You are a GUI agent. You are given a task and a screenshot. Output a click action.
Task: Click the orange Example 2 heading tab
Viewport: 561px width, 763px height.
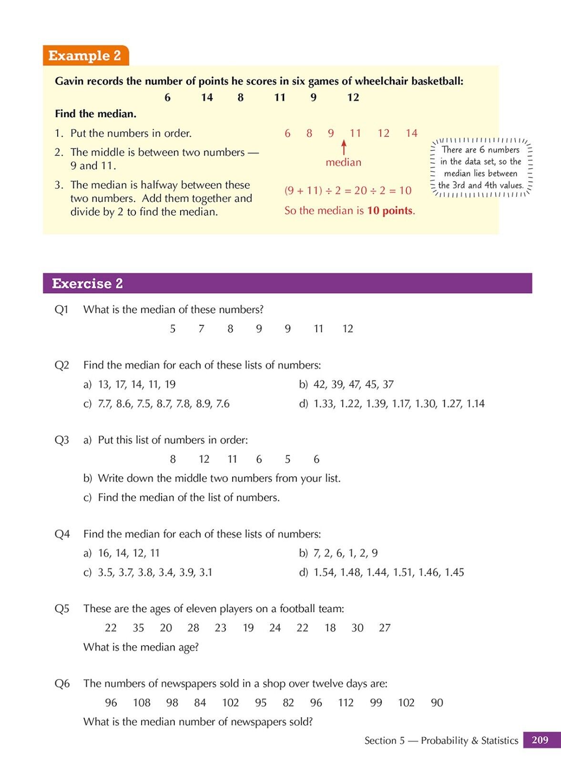pyautogui.click(x=85, y=56)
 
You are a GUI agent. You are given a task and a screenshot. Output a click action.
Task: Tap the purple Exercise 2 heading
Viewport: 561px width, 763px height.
pyautogui.click(x=87, y=283)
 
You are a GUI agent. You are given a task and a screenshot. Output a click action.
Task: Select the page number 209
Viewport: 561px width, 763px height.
pyautogui.click(x=540, y=740)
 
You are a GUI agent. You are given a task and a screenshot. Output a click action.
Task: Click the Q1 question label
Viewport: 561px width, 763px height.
pyautogui.click(x=61, y=309)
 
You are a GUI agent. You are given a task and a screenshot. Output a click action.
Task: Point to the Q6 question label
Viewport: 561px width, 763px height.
pyautogui.click(x=61, y=683)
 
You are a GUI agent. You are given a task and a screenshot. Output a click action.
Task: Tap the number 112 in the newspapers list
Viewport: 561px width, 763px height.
pyautogui.click(x=346, y=702)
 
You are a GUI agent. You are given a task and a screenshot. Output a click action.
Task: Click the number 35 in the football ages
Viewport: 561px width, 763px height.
pyautogui.click(x=138, y=628)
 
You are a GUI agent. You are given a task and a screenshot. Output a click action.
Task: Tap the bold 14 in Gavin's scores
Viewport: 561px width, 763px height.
pyautogui.click(x=206, y=97)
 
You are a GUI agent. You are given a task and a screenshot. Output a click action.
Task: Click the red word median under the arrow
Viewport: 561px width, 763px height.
pyautogui.click(x=343, y=162)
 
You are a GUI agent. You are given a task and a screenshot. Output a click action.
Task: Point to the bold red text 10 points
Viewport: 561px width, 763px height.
pyautogui.click(x=390, y=210)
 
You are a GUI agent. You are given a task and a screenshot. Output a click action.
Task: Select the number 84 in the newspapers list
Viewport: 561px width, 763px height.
pyautogui.click(x=200, y=702)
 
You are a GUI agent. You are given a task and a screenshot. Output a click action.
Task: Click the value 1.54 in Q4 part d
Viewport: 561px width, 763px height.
pyautogui.click(x=324, y=572)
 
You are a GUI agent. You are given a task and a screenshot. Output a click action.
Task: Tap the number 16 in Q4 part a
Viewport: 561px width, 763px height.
pyautogui.click(x=104, y=553)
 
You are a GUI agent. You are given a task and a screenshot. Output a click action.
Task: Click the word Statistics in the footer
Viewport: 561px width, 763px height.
pyautogui.click(x=500, y=740)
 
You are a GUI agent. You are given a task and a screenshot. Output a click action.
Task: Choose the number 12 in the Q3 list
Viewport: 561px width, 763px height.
pyautogui.click(x=204, y=459)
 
